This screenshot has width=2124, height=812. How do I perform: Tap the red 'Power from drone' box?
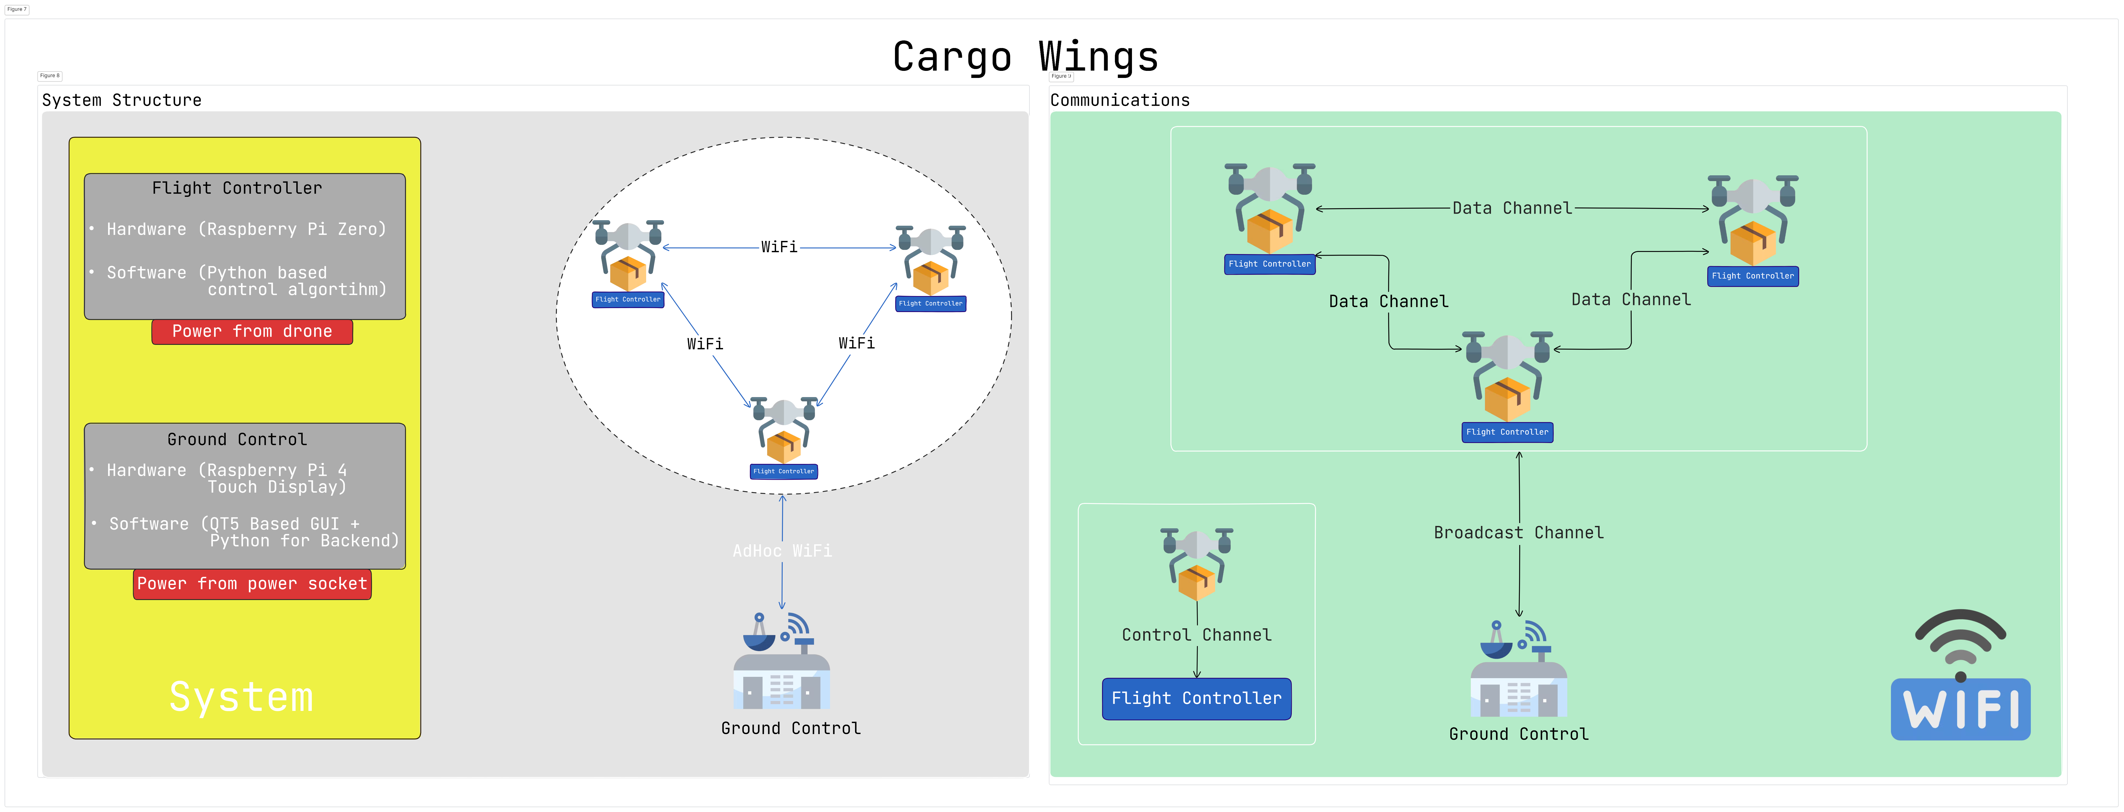point(252,331)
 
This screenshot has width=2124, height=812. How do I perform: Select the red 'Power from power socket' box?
point(252,584)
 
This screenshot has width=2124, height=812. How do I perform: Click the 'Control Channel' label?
point(1197,635)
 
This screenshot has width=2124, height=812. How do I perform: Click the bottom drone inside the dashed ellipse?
point(783,429)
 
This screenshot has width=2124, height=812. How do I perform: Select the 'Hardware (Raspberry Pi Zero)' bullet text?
point(246,229)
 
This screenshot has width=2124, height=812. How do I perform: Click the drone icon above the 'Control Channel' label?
point(1197,565)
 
